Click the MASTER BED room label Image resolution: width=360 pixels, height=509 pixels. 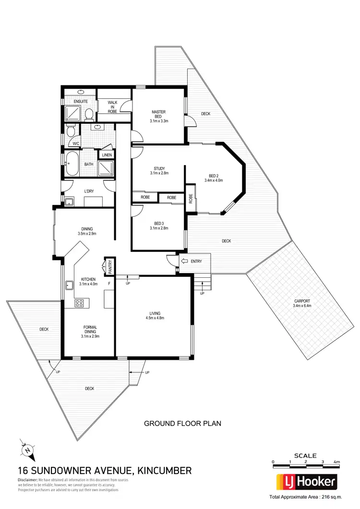(x=159, y=114)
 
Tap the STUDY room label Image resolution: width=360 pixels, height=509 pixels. (x=159, y=168)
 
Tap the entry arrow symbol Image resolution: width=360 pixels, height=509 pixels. (x=185, y=261)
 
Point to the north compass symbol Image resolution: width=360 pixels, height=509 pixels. (x=27, y=450)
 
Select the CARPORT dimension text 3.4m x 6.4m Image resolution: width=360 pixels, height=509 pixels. (x=302, y=306)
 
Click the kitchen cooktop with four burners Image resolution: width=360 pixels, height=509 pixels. (x=80, y=303)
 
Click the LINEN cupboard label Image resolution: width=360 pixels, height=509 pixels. (x=107, y=155)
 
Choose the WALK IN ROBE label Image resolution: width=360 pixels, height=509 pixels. (x=112, y=107)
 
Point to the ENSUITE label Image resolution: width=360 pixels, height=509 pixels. (x=80, y=102)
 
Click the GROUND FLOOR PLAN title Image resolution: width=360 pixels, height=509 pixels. (x=182, y=424)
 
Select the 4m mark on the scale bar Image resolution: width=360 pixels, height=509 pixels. (x=337, y=462)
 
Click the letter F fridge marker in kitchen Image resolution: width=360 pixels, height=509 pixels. (x=109, y=284)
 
